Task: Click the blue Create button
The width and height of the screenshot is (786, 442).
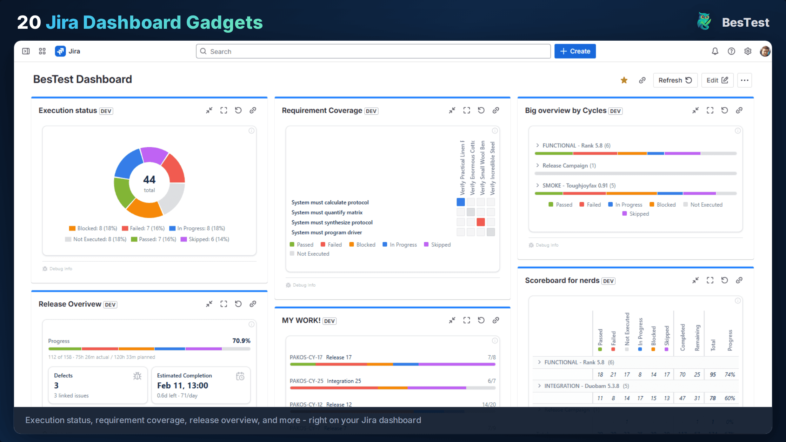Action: [x=575, y=51]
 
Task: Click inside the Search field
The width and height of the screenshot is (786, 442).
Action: [x=372, y=51]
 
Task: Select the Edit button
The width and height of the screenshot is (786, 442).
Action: [x=717, y=80]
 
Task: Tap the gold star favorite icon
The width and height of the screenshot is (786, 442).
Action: [x=624, y=80]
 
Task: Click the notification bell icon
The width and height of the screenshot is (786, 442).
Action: [x=715, y=51]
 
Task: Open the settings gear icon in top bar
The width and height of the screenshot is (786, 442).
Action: [x=748, y=51]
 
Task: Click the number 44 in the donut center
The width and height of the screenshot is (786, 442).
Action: [x=149, y=180]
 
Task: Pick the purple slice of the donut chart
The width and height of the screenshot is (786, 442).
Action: [x=153, y=155]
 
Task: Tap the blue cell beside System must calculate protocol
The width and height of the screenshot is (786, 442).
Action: [x=461, y=202]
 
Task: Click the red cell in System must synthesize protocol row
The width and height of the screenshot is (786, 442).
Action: [x=481, y=222]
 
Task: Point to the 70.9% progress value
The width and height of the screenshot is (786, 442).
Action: [x=241, y=341]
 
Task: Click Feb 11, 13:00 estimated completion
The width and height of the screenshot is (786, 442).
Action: [x=182, y=386]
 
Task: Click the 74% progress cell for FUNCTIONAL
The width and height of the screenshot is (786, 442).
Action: [x=730, y=375]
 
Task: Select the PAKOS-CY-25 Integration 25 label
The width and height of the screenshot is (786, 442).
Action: [x=325, y=381]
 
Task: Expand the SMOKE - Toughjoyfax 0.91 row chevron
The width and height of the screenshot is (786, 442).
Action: [x=538, y=185]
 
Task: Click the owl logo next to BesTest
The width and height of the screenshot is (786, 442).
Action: [x=704, y=22]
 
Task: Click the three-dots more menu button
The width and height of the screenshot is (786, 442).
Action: [x=744, y=80]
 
